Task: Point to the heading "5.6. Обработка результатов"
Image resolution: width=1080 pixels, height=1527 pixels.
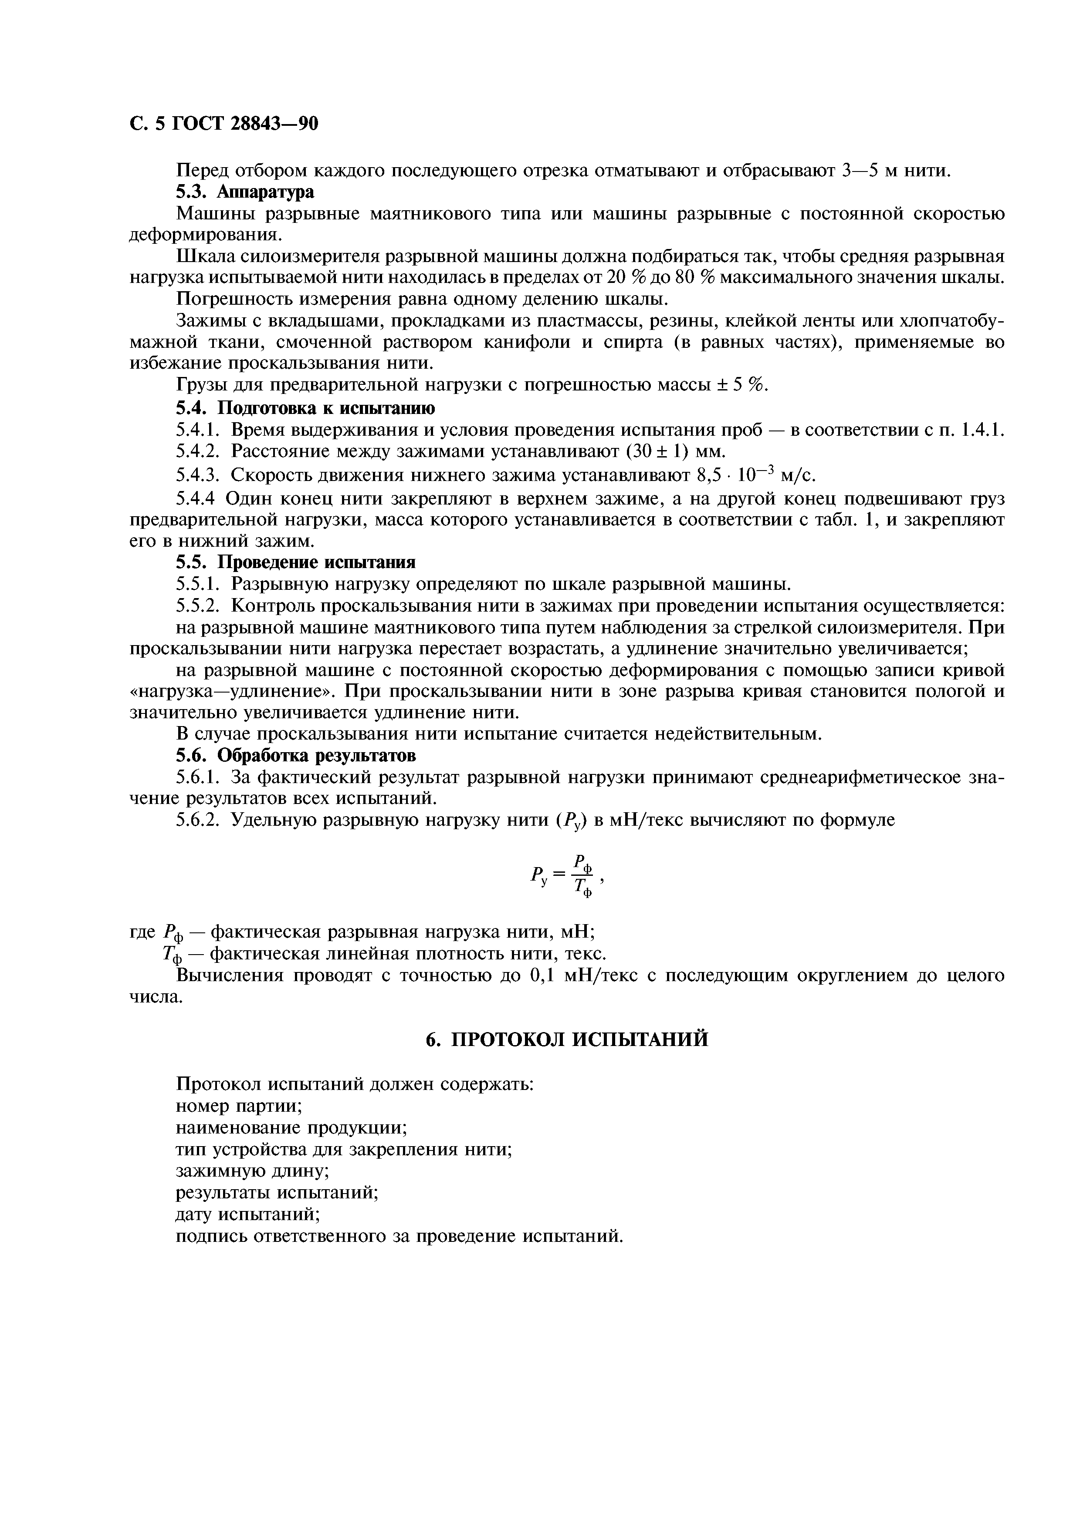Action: [x=296, y=756]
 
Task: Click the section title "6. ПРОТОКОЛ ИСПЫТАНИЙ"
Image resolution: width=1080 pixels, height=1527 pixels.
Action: [x=567, y=1040]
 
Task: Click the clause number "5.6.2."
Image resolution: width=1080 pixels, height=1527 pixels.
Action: [x=199, y=821]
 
